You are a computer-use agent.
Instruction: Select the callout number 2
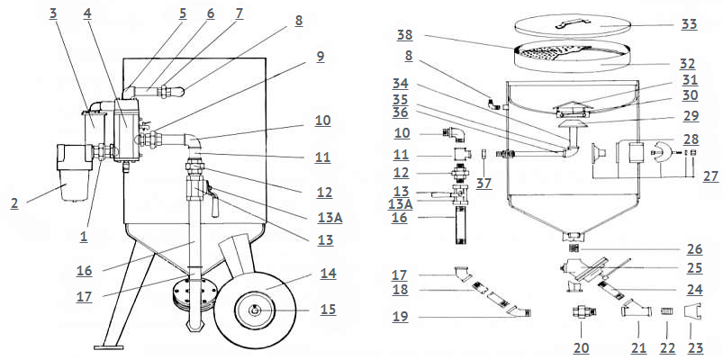(x=14, y=203)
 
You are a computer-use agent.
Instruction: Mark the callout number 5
(x=183, y=14)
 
